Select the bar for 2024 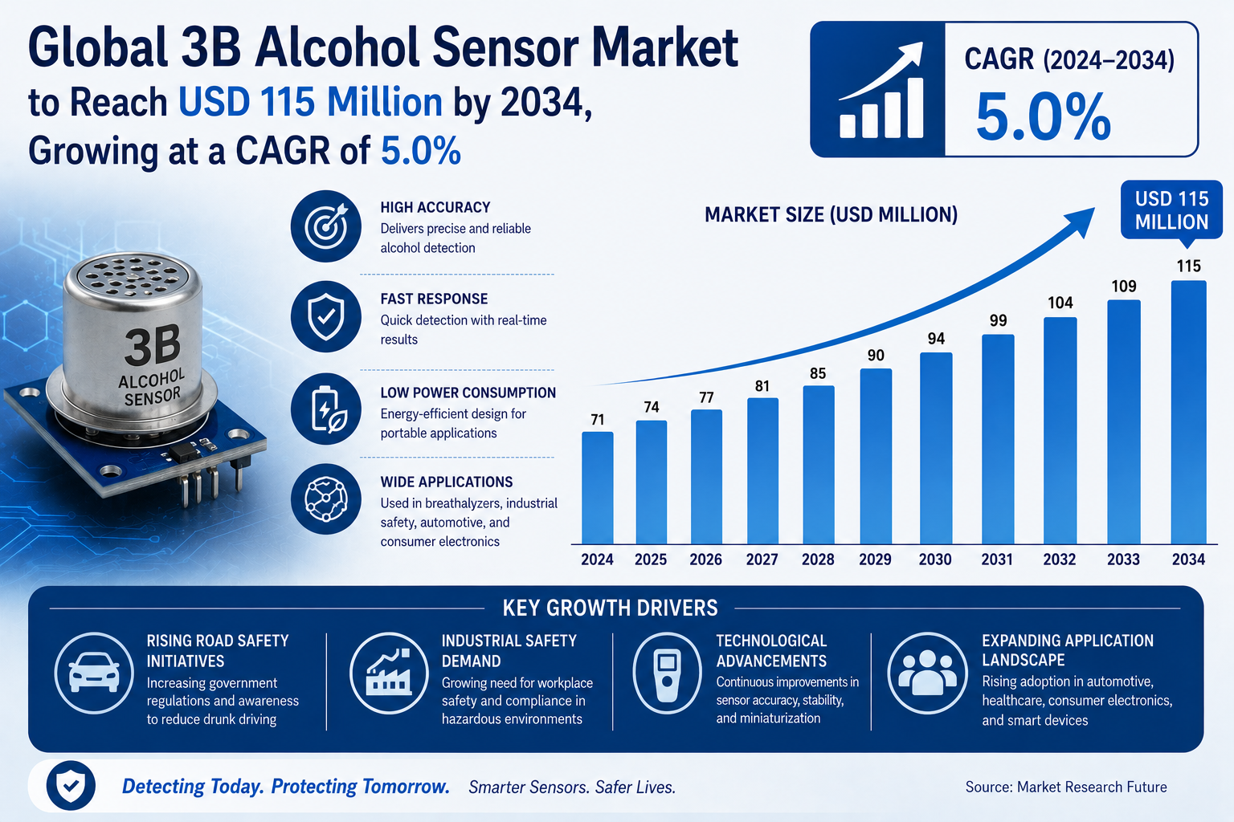(597, 488)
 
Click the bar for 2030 (936, 448)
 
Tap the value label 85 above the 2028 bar (818, 373)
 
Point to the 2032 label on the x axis (1060, 560)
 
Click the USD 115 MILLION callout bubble (1171, 211)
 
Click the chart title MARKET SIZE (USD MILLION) (832, 214)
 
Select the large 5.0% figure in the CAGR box (1044, 116)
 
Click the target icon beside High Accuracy (326, 226)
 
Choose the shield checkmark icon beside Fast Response (326, 316)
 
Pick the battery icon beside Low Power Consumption (326, 409)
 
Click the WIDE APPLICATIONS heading (446, 482)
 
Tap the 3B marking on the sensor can (153, 345)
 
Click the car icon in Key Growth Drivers (94, 673)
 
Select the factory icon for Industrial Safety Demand (389, 673)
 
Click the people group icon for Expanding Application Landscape (928, 673)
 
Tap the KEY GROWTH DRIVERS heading (611, 608)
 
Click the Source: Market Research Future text (1066, 787)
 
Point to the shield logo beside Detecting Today (71, 786)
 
